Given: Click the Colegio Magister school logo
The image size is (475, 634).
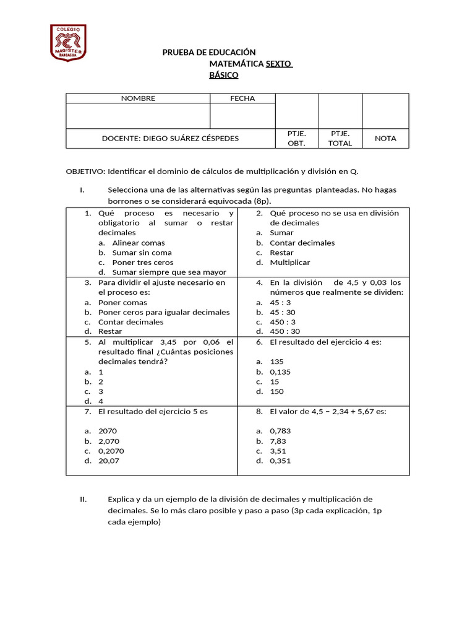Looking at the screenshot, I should tap(67, 43).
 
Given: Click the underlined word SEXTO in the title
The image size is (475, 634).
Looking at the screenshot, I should tap(278, 64).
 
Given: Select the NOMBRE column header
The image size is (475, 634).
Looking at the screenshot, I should tap(138, 98).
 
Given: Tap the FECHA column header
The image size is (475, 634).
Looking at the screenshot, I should tap(242, 98).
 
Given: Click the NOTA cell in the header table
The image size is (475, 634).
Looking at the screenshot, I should tap(385, 139).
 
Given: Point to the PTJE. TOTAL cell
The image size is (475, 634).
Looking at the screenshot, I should tap(340, 139).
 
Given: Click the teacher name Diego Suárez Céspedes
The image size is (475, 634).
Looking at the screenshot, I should tap(170, 139).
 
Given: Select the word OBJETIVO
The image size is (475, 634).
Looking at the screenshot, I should tap(85, 172).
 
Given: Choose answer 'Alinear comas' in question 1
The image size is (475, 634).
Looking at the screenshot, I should tap(139, 243).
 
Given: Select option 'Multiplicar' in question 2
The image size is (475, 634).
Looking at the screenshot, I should tap(290, 263).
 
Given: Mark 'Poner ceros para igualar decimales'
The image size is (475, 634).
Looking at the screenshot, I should tap(164, 313).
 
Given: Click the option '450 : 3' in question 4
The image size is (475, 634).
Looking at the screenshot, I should tap(283, 322).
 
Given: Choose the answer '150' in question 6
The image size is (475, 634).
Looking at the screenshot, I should tap(276, 391).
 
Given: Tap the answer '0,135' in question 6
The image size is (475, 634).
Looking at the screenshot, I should tap(280, 372).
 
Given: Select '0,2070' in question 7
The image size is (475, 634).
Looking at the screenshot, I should tap(111, 451).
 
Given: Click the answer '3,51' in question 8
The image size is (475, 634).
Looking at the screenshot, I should tap(278, 451).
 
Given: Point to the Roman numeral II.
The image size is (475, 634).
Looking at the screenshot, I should tap(83, 499).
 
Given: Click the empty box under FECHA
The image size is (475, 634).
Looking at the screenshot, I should tap(242, 116).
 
